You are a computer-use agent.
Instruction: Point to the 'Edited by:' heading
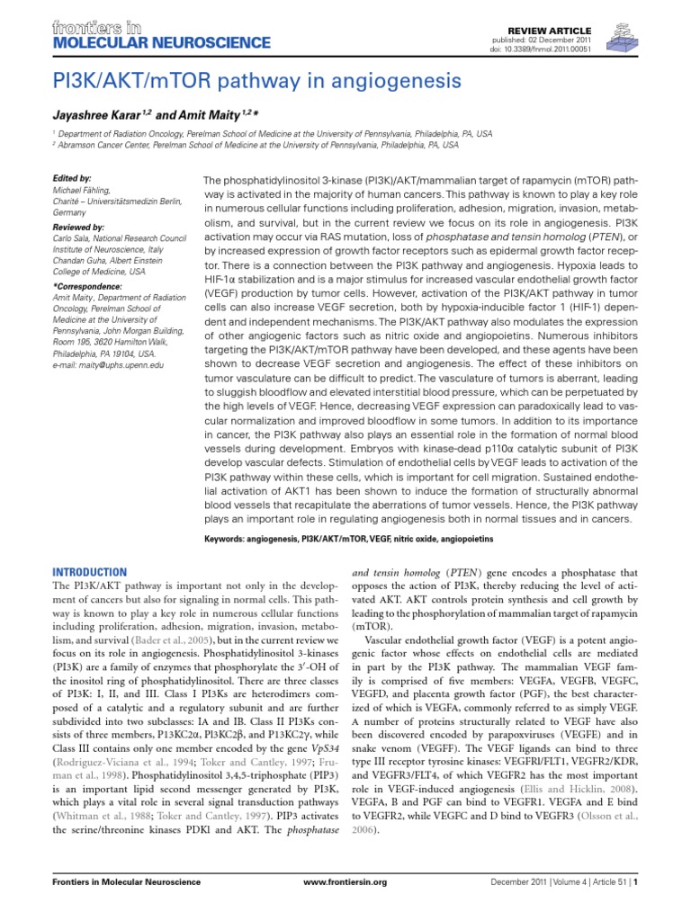(x=72, y=179)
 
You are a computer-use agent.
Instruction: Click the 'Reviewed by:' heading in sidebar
(x=78, y=228)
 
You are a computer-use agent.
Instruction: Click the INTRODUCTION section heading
(x=90, y=572)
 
